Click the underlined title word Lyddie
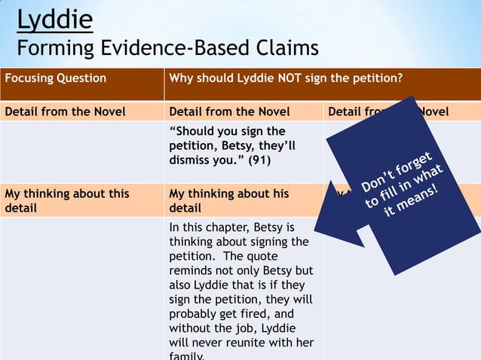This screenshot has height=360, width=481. pyautogui.click(x=54, y=20)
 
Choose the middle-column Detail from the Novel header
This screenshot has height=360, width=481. pyautogui.click(x=230, y=111)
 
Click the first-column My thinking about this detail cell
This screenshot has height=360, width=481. pyautogui.click(x=67, y=200)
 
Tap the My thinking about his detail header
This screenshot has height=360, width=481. pyautogui.click(x=228, y=200)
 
